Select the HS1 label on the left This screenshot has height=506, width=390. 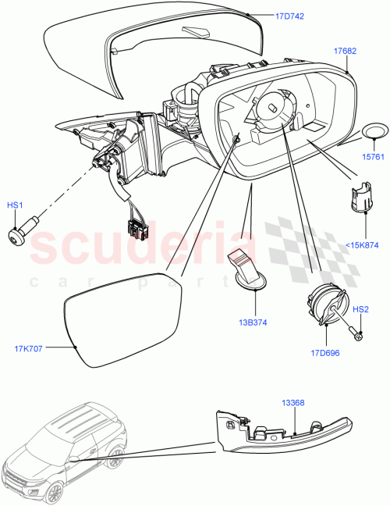[15, 205]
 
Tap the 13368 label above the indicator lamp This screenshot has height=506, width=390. [293, 403]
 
